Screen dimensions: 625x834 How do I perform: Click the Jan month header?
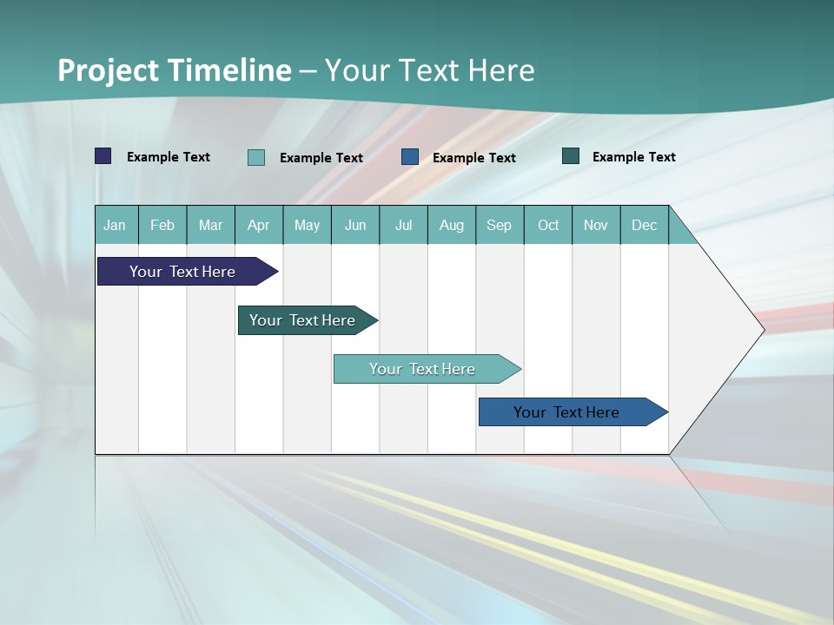(x=115, y=226)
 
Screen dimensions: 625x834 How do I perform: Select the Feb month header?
(x=162, y=226)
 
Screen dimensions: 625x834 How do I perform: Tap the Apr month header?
(x=258, y=226)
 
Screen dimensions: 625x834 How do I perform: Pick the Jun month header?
(x=355, y=226)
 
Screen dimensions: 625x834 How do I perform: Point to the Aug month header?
(x=451, y=226)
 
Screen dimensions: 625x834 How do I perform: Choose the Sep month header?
(x=499, y=226)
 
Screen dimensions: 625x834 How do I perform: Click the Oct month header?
(x=548, y=226)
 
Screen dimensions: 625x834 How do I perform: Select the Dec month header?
(x=644, y=226)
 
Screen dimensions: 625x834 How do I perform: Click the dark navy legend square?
(x=103, y=156)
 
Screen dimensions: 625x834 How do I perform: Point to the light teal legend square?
(x=256, y=157)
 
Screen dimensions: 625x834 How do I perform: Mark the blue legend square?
(x=410, y=157)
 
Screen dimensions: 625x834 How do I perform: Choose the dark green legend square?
(x=571, y=156)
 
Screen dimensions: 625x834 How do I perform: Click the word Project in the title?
(x=109, y=70)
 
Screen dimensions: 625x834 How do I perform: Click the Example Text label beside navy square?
(x=169, y=157)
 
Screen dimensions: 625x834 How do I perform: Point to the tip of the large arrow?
(x=762, y=330)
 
